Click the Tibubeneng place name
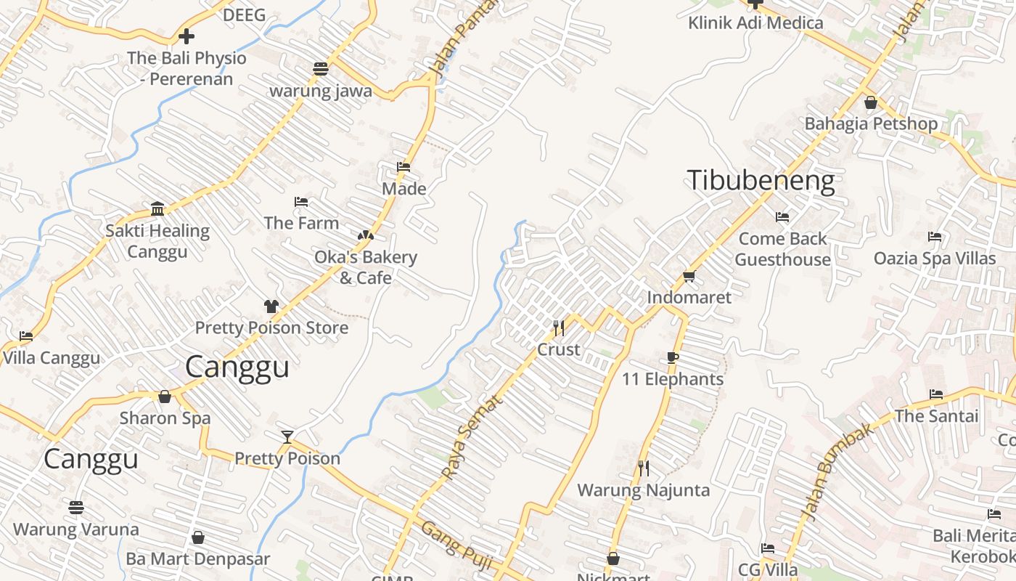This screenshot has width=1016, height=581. (761, 180)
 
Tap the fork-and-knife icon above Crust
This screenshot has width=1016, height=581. (558, 328)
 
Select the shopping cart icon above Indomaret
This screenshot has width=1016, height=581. (689, 276)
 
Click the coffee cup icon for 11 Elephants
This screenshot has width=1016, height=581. (673, 357)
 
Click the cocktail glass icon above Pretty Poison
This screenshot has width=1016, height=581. (287, 436)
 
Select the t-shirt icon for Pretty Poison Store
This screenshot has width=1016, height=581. (271, 306)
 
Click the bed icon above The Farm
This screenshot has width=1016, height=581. (301, 201)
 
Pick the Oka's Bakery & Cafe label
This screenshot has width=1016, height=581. (365, 267)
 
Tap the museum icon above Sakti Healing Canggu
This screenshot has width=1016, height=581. (157, 209)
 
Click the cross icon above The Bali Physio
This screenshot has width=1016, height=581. (187, 36)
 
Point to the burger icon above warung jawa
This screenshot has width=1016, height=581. (321, 69)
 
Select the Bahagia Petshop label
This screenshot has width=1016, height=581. (871, 123)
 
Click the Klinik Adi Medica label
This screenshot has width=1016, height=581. (755, 23)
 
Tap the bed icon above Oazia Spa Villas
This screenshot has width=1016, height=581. (935, 237)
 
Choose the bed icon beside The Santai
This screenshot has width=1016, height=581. (936, 394)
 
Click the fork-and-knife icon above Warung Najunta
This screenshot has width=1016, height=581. (643, 468)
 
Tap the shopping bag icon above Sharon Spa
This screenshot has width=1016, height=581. (165, 397)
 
